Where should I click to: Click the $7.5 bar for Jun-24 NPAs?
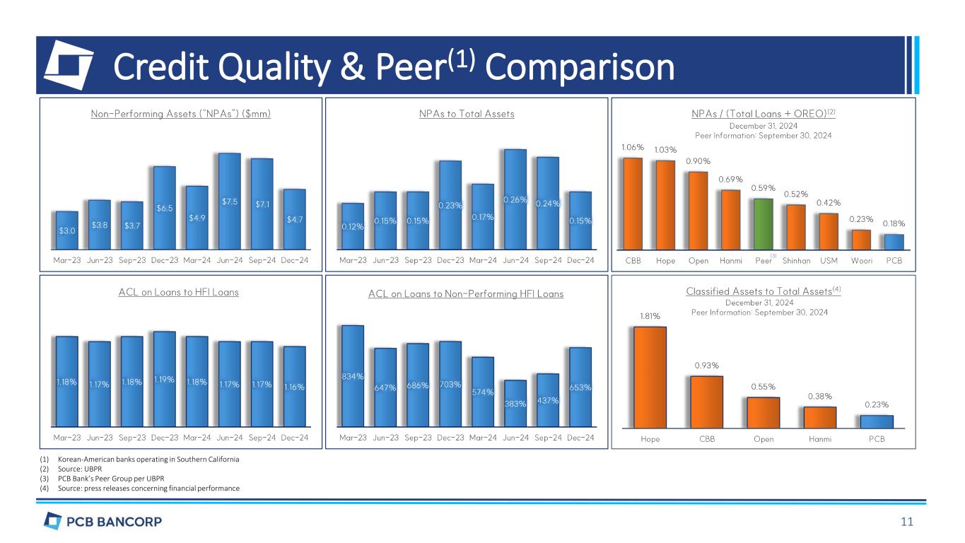pos(229,202)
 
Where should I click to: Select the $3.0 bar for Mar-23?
pos(67,230)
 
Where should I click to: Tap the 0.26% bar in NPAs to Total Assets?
pos(515,199)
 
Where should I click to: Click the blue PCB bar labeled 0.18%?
pos(894,242)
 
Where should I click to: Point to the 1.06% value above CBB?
pos(632,148)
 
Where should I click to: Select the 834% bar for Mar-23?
pos(353,375)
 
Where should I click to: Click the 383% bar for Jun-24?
pos(515,404)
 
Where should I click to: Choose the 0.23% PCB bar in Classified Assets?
pos(877,421)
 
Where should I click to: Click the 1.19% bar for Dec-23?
pos(164,379)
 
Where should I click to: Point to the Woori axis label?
pos(860,260)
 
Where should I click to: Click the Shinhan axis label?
pos(796,260)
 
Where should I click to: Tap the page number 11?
pos(907,522)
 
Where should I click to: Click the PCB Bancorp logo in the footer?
pos(103,522)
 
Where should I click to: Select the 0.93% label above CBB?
pos(706,366)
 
